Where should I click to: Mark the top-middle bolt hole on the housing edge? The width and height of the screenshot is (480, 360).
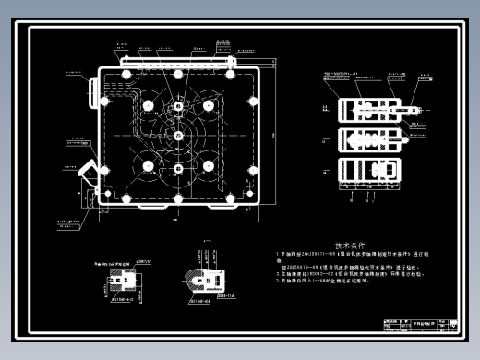(x=175, y=74)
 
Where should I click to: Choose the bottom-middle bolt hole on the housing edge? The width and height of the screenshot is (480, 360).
(x=175, y=198)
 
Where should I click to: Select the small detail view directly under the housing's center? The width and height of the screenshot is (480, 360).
(x=205, y=278)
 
